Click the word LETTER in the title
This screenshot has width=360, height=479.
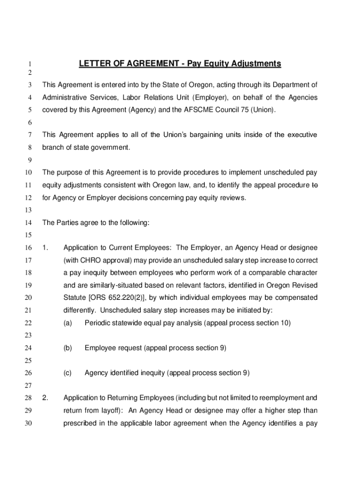click(x=94, y=64)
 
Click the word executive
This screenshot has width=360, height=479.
click(x=302, y=135)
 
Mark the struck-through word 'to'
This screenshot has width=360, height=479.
click(x=314, y=185)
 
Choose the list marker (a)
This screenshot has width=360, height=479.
click(x=67, y=323)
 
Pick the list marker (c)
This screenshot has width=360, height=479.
click(x=67, y=373)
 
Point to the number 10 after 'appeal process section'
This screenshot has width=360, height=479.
click(x=285, y=323)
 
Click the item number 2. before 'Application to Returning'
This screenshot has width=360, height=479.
click(x=45, y=398)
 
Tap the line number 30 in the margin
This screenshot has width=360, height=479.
click(x=28, y=423)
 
